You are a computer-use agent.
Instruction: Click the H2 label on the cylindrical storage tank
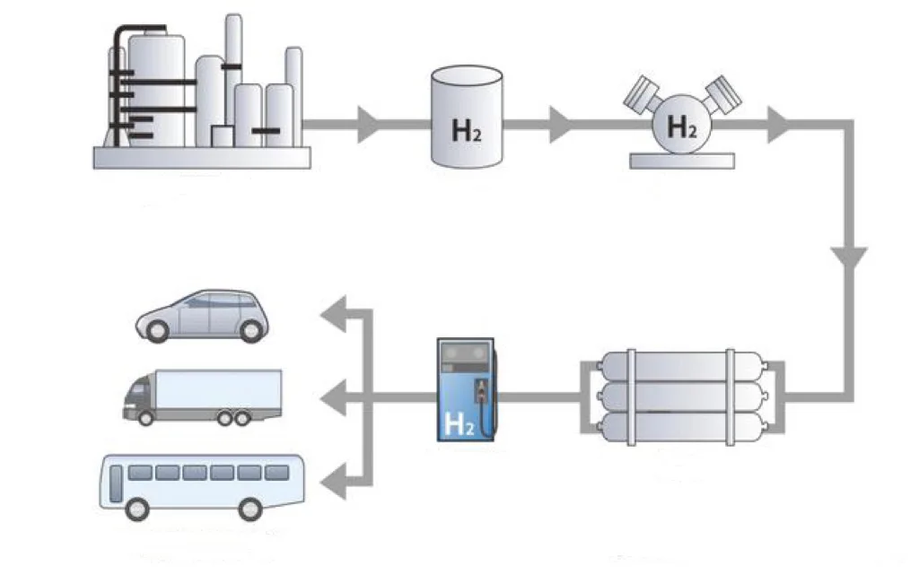pyautogui.click(x=465, y=130)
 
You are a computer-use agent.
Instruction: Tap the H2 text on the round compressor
pyautogui.click(x=682, y=128)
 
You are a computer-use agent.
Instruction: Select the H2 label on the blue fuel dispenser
pyautogui.click(x=458, y=422)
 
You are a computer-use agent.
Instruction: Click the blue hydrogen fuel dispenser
pyautogui.click(x=466, y=389)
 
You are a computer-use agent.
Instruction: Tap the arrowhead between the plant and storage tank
pyautogui.click(x=368, y=125)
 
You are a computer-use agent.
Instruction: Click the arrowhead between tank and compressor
pyautogui.click(x=560, y=125)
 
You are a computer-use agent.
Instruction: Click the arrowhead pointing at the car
pyautogui.click(x=334, y=314)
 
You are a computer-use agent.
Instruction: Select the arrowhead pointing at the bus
pyautogui.click(x=334, y=475)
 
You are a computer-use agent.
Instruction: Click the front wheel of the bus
pyautogui.click(x=136, y=509)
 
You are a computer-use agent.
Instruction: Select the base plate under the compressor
pyautogui.click(x=682, y=161)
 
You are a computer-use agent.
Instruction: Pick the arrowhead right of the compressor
pyautogui.click(x=778, y=125)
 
